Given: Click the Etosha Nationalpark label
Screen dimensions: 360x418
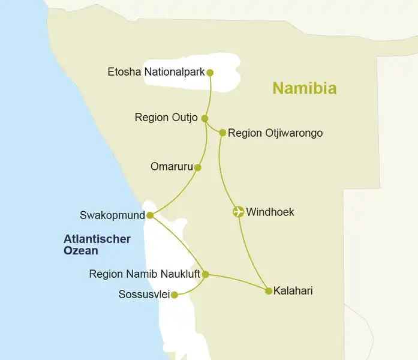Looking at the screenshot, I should coord(156,73).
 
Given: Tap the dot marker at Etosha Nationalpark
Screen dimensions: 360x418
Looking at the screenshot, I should coord(210,73).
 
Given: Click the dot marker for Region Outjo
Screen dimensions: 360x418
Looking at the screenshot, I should coord(205,118).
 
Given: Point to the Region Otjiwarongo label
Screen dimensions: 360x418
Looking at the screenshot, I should coord(275,133).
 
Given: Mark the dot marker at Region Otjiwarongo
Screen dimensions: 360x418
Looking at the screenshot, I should coord(222,133).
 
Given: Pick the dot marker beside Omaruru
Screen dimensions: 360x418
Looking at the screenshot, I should coord(198,167).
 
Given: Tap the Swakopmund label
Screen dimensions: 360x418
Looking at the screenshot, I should coord(112,215).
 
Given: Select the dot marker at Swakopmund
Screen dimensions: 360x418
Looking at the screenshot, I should coord(150,215).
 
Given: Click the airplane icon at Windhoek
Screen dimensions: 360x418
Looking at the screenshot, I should coord(238,212).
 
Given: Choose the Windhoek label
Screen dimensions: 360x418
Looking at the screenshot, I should coord(270,212).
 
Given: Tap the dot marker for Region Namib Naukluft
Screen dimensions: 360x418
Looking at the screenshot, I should coord(205,274).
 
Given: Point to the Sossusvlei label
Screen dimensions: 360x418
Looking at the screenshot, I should coord(144,295).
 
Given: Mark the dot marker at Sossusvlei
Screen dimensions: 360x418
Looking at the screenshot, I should coord(174,295).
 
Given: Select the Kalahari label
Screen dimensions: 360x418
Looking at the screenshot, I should coord(293,291).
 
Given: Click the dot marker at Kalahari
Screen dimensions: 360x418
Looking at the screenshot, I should coord(269,291).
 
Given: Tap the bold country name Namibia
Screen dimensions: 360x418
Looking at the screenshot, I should coord(304,88).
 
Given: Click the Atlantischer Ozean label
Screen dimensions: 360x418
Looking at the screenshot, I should coord(97,245).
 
